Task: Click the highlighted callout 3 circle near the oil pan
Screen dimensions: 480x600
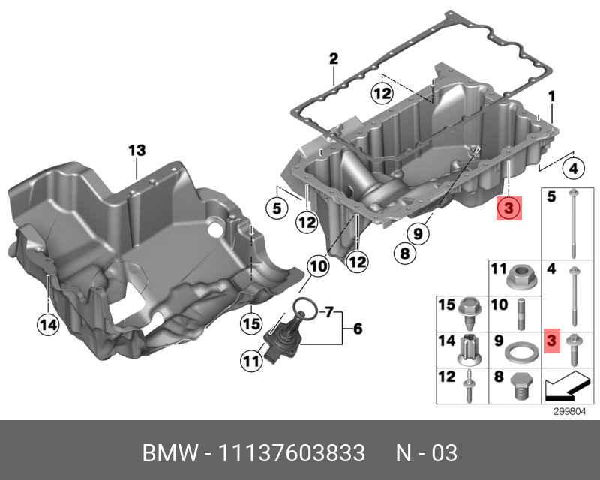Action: (x=508, y=208)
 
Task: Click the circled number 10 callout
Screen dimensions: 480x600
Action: (x=317, y=265)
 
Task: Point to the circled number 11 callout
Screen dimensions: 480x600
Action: (x=250, y=361)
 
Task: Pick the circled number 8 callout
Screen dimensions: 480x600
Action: (x=403, y=253)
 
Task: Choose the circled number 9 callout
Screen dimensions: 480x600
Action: (x=417, y=233)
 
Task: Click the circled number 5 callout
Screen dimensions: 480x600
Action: (x=277, y=208)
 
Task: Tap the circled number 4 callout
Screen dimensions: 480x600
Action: (x=573, y=169)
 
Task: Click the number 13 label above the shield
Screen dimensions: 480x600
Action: (x=136, y=151)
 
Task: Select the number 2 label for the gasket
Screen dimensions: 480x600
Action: (x=333, y=58)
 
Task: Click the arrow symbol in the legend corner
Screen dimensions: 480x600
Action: (x=562, y=387)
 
